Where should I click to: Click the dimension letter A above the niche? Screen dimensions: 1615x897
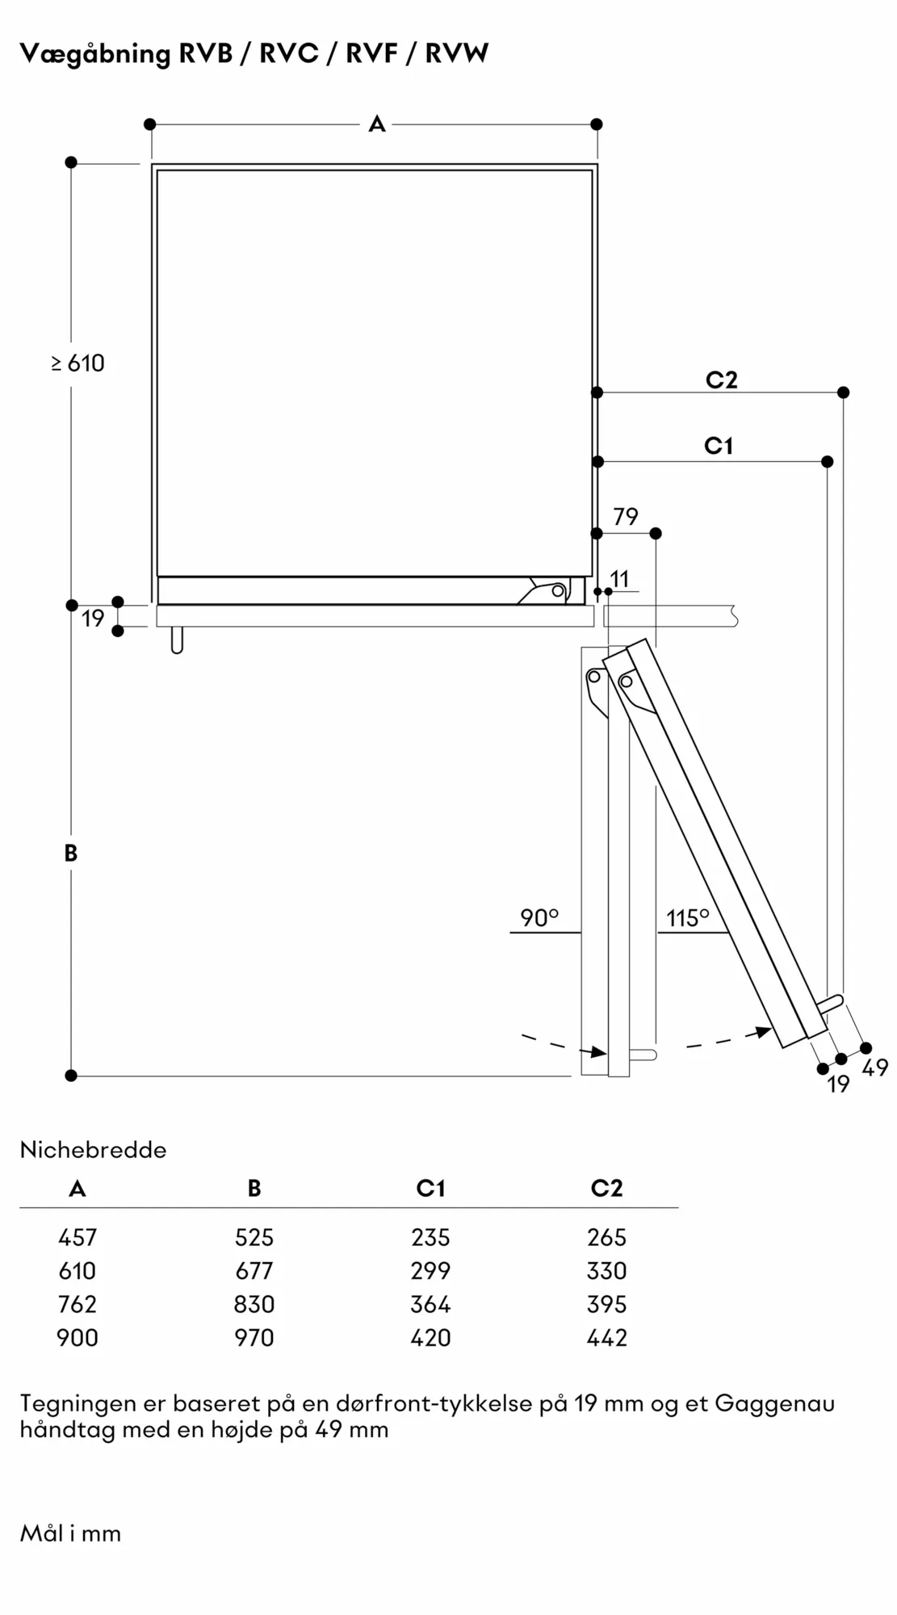(377, 124)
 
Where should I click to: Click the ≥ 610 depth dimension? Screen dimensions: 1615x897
(78, 363)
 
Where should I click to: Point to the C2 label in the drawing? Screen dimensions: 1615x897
(721, 380)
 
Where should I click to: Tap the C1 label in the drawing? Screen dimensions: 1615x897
(719, 446)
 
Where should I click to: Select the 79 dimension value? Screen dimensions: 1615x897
(626, 517)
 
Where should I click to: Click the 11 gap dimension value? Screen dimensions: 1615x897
(619, 579)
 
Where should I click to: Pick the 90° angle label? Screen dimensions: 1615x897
(539, 918)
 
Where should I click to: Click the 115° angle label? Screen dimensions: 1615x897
(687, 918)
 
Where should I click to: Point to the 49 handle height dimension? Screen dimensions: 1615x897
(875, 1068)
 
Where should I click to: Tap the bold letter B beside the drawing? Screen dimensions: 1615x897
(71, 853)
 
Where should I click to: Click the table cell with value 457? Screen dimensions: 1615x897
(78, 1237)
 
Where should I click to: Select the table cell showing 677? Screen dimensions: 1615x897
(254, 1271)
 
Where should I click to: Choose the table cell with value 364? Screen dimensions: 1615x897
(430, 1304)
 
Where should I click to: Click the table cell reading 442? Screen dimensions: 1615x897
(607, 1338)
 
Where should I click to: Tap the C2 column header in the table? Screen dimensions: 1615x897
(607, 1188)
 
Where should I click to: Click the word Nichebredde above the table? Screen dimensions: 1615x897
(93, 1150)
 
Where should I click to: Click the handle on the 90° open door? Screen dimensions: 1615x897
(643, 1055)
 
